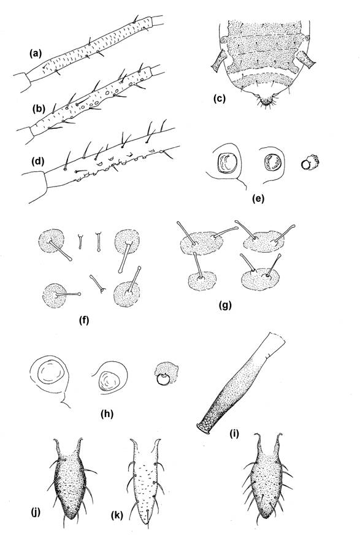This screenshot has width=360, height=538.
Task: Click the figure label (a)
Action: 36,53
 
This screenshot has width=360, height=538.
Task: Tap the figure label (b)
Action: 39,109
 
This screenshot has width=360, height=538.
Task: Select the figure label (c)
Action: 219,99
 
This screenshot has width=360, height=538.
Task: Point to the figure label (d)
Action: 38,161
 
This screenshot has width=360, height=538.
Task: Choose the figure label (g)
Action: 225,305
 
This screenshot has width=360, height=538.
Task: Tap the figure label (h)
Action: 107,413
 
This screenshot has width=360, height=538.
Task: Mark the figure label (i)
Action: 234,434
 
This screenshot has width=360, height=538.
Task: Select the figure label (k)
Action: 117,515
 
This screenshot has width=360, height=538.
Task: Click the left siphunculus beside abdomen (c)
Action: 218,61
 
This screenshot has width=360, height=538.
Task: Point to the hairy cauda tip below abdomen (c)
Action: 265,101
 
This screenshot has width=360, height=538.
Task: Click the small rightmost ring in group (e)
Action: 310,162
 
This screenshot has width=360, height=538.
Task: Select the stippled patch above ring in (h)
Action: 166,369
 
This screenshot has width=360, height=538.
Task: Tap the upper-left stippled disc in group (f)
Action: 52,240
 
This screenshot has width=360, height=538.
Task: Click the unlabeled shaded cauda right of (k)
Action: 267,480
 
